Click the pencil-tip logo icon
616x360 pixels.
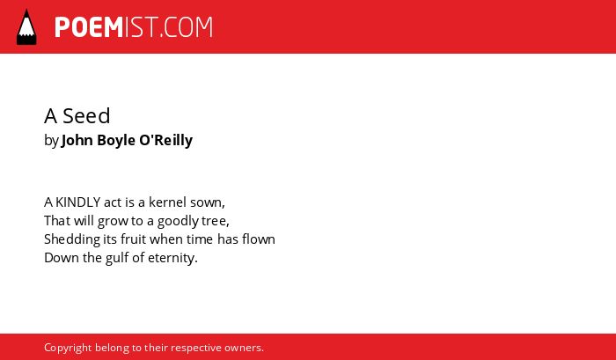point(26,27)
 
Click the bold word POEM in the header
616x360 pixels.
point(89,27)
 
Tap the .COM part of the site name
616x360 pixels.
point(187,27)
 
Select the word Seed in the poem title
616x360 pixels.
point(86,116)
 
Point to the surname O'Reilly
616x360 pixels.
point(165,140)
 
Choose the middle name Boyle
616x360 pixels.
point(116,141)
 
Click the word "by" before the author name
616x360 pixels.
point(51,141)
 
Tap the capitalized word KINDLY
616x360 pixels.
point(77,202)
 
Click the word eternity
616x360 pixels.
point(172,259)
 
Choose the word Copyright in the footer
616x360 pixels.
point(68,349)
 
